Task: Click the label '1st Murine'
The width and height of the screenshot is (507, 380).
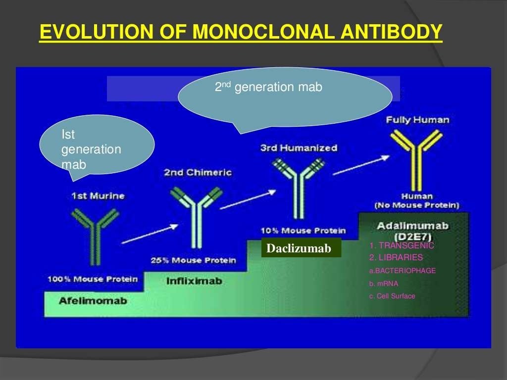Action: coord(98,196)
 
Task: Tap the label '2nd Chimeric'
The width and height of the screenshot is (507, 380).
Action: coord(198,173)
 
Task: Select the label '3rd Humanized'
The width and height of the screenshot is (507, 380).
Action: coord(299,148)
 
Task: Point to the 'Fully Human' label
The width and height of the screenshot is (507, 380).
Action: coord(417,120)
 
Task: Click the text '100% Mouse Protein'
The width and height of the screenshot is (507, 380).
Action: coord(93,280)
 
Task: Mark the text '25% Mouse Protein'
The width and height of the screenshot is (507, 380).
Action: coord(193,260)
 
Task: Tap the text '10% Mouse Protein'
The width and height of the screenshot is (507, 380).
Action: coord(303,231)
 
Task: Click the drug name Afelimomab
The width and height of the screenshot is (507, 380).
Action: coord(93,300)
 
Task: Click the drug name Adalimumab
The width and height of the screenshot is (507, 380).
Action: coord(412,226)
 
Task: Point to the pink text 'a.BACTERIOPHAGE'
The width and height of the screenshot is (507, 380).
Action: coord(403,271)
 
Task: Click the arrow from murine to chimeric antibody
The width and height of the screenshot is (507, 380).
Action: coord(150,234)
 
